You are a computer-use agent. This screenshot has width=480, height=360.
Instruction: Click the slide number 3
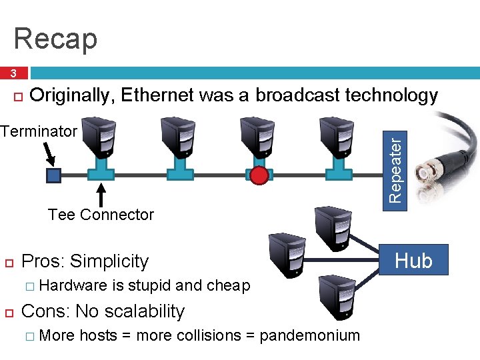tap(13, 73)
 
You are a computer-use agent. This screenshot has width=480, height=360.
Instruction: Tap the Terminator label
tap(39, 131)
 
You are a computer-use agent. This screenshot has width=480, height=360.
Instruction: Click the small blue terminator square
tap(53, 175)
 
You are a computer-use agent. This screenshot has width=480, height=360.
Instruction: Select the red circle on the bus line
tap(259, 175)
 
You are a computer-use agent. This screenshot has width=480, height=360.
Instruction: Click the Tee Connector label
tap(101, 215)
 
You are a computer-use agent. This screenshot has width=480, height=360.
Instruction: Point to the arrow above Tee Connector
tap(101, 195)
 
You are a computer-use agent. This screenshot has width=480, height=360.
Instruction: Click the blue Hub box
tap(413, 260)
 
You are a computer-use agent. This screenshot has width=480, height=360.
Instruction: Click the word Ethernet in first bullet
tap(157, 96)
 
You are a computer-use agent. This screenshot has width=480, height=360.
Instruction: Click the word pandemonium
tap(309, 335)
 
